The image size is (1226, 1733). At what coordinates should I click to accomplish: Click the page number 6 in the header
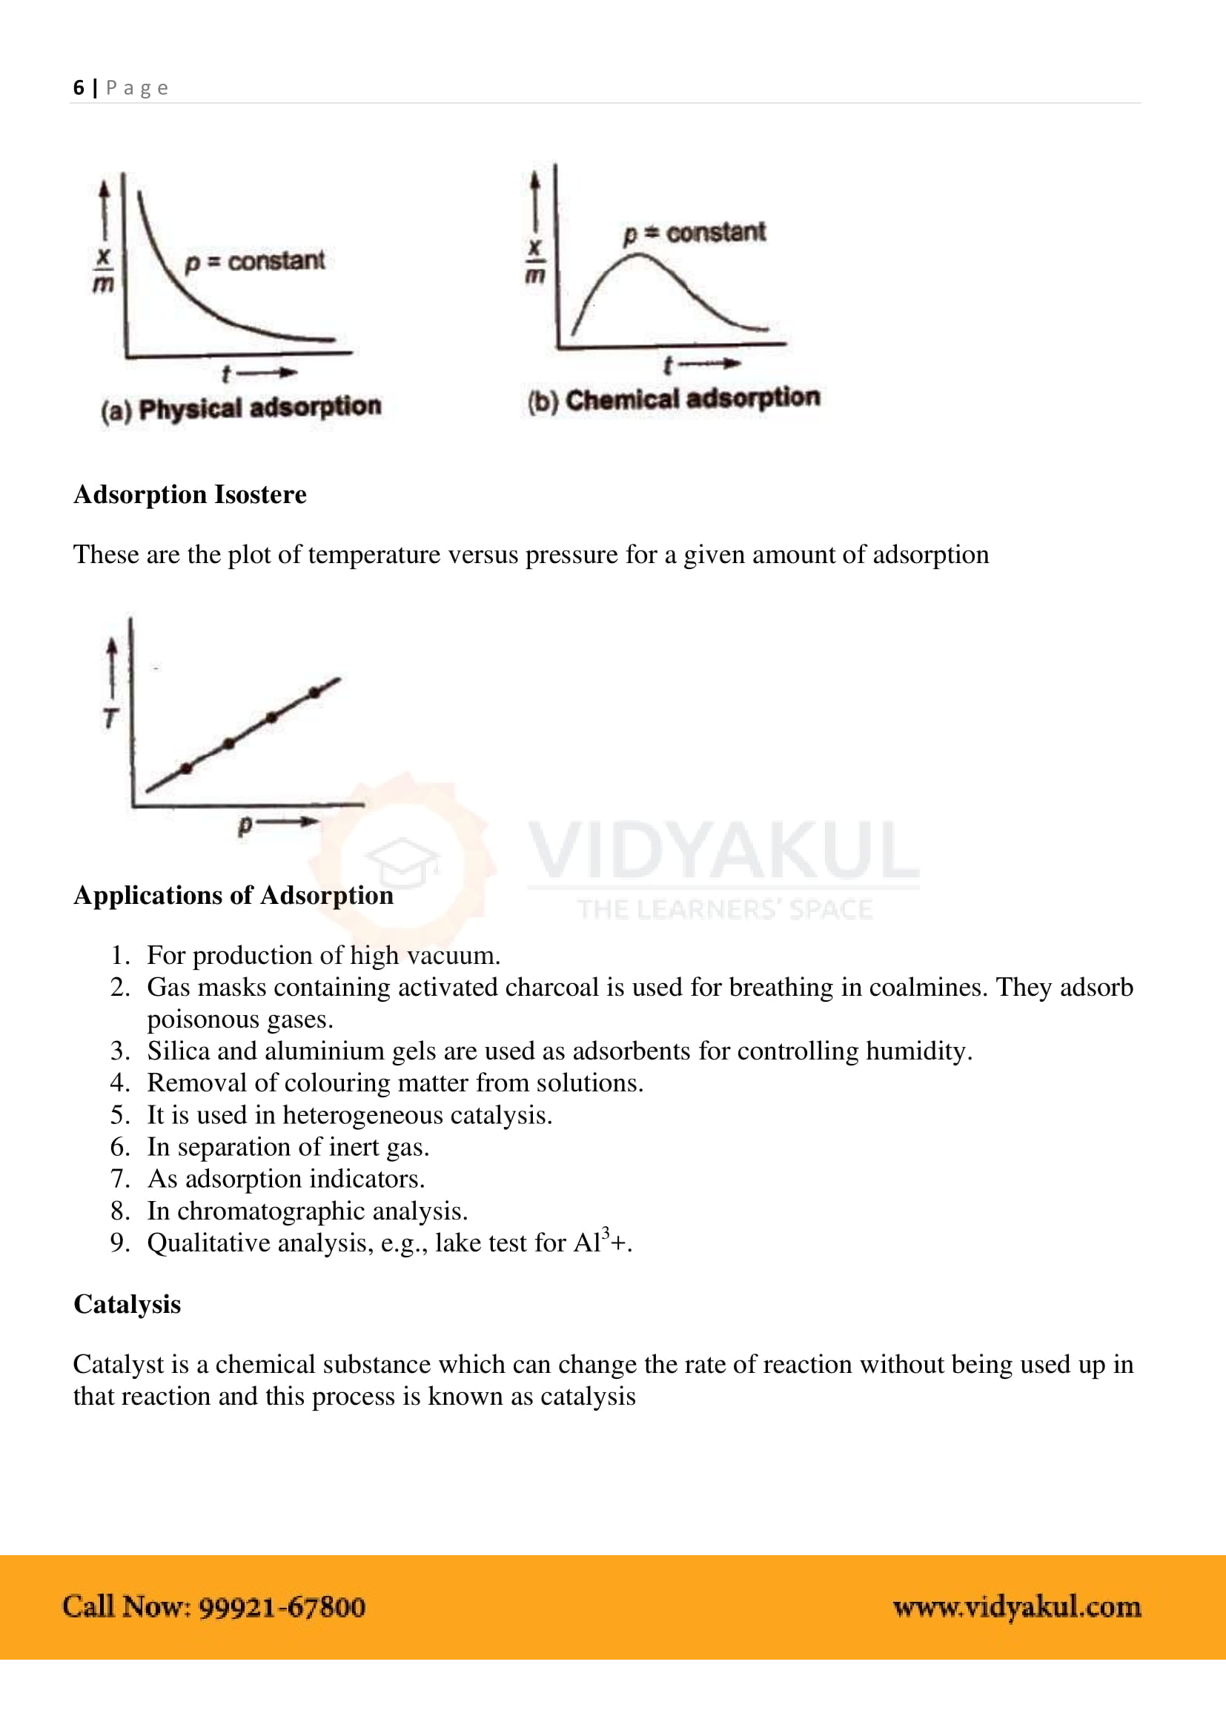tap(79, 87)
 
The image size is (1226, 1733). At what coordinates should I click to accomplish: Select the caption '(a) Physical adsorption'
tap(241, 408)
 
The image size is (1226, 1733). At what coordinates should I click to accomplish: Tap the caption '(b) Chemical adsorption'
tap(673, 399)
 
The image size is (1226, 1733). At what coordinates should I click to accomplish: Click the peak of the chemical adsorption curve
tap(639, 256)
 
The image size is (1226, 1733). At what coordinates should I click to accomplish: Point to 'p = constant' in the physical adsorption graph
tap(255, 261)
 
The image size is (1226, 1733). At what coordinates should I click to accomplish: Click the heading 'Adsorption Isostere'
tap(190, 494)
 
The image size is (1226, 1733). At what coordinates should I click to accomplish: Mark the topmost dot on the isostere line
tap(315, 692)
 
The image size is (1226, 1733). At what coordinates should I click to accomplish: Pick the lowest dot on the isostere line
tap(187, 768)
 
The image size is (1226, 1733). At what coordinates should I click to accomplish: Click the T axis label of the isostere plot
tap(111, 718)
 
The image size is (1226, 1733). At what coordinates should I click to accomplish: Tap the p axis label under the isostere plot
tap(245, 825)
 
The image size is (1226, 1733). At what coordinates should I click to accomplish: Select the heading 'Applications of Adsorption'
tap(233, 895)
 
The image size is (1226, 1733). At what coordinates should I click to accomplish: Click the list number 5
tap(119, 1115)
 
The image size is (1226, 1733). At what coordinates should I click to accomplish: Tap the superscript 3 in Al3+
tap(605, 1234)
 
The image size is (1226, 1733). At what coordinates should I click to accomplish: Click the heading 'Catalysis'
tap(127, 1304)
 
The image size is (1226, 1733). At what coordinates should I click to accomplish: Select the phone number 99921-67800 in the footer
tap(282, 1607)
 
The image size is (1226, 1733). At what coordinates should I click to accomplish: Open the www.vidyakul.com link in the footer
tap(1016, 1607)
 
